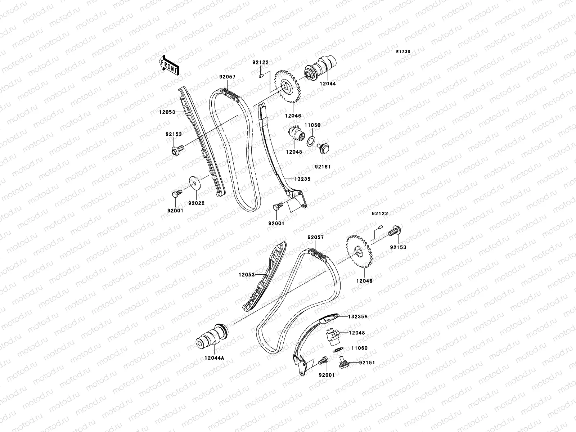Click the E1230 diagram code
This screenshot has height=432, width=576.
403,52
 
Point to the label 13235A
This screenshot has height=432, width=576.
358,317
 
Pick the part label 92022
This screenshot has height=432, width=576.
196,203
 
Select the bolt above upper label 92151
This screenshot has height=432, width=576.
323,149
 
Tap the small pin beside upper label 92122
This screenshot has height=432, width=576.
262,76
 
